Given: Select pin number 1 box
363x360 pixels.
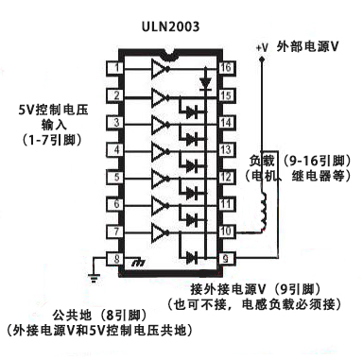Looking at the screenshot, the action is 113,68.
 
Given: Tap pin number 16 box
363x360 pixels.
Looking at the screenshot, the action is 227,68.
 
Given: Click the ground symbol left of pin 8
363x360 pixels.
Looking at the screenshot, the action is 92,277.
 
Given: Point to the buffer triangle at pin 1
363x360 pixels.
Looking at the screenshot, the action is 157,68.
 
